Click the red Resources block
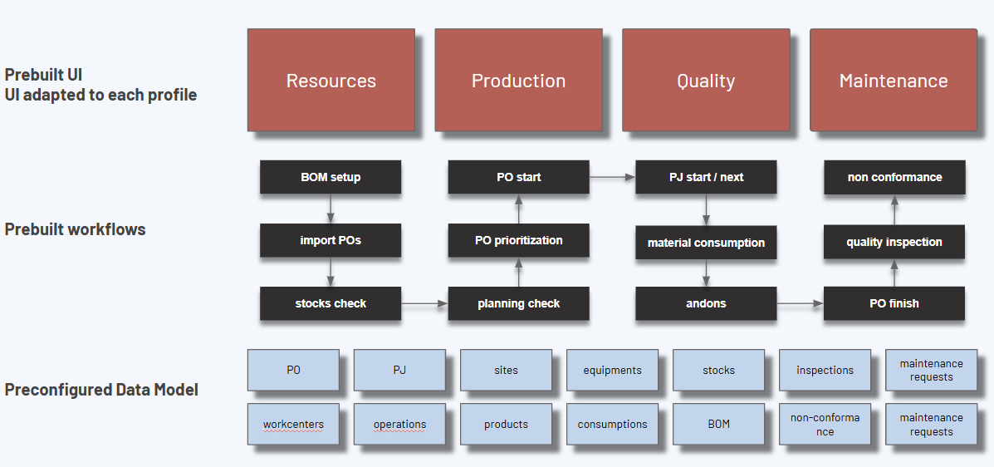click(331, 81)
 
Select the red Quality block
click(706, 81)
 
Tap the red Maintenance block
click(894, 81)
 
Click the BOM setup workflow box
click(331, 177)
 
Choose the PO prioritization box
click(519, 240)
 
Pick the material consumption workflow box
click(706, 243)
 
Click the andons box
click(706, 303)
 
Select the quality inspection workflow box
click(894, 242)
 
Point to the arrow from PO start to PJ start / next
click(612, 176)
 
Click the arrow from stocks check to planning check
click(424, 304)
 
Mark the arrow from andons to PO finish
click(800, 304)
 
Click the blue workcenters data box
click(293, 424)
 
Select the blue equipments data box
click(612, 370)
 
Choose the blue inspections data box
click(825, 370)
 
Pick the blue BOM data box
click(718, 424)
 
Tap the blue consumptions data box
click(612, 424)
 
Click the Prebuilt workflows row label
click(75, 229)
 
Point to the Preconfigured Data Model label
click(101, 389)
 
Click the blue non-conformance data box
click(825, 425)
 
